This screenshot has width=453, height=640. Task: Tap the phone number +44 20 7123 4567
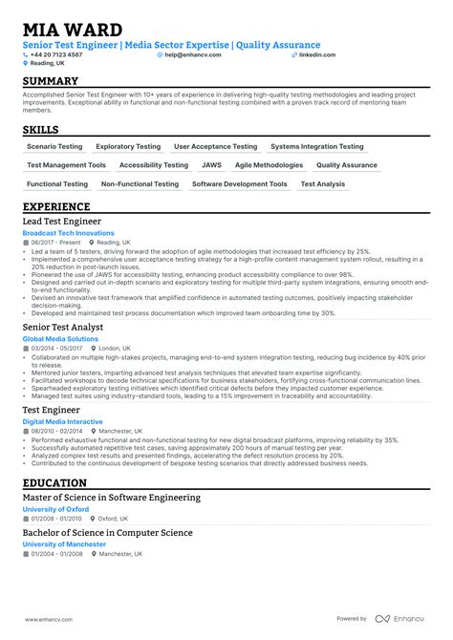click(x=56, y=55)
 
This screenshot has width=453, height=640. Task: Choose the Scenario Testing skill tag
click(x=54, y=147)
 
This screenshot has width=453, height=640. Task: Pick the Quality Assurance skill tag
click(x=345, y=165)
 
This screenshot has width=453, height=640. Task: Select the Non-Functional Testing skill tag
click(x=140, y=184)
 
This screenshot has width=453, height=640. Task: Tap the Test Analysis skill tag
click(x=323, y=184)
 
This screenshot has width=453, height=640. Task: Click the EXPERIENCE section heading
click(x=56, y=207)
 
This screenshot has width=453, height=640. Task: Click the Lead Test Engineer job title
click(x=61, y=222)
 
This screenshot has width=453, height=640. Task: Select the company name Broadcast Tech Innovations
click(x=68, y=233)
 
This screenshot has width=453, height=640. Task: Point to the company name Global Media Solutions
click(x=60, y=339)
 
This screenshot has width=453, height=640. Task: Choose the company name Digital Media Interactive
click(x=63, y=420)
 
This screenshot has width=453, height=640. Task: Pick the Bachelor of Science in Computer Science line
click(x=107, y=532)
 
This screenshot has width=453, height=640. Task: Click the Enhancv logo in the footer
click(x=400, y=619)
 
